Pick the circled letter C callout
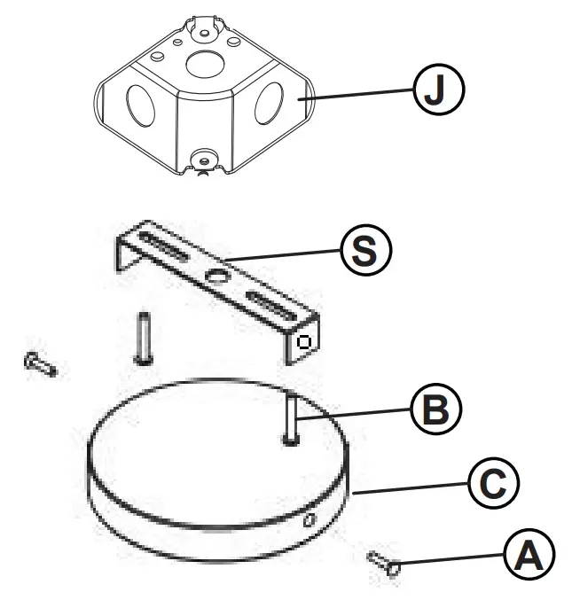tap(490, 482)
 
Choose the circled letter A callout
tap(527, 556)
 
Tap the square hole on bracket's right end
tap(303, 343)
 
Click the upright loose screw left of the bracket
tap(144, 337)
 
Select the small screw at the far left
tap(41, 363)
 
